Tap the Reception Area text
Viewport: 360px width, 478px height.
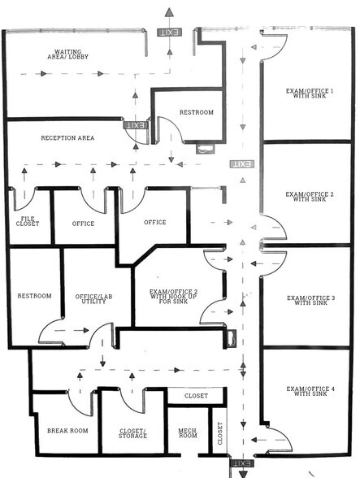click(67, 138)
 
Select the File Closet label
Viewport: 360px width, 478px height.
click(28, 224)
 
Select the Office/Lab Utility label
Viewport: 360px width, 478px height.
click(92, 298)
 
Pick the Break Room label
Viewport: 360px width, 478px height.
click(67, 431)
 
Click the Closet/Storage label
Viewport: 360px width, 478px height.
click(132, 432)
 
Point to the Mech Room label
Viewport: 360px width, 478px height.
click(188, 433)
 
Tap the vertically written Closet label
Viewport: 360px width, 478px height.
click(219, 437)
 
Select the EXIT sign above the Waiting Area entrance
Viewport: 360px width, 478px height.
click(169, 32)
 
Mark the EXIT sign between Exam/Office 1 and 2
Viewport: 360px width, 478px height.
click(241, 164)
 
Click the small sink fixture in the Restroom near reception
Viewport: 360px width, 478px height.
click(204, 148)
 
